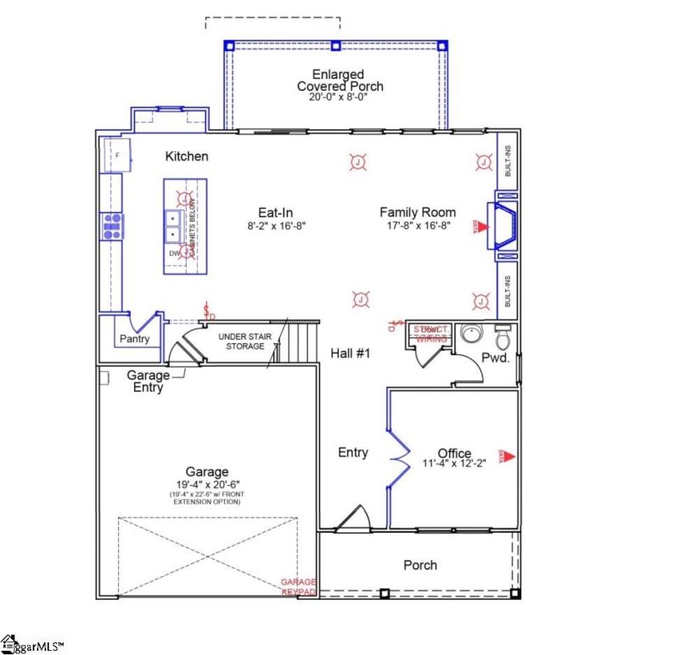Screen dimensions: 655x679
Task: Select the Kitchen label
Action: [187, 156]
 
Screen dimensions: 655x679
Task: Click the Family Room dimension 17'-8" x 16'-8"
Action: [418, 226]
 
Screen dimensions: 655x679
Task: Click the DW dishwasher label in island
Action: [175, 253]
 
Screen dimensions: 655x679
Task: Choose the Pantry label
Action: [134, 339]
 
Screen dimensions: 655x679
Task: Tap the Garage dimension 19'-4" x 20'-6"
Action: [207, 485]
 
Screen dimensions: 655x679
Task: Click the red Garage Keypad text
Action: [299, 586]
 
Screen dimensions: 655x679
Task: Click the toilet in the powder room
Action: [502, 337]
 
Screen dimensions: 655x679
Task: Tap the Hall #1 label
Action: [351, 352]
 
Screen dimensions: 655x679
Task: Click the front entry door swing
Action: [353, 517]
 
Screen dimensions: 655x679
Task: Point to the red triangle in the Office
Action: [509, 456]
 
